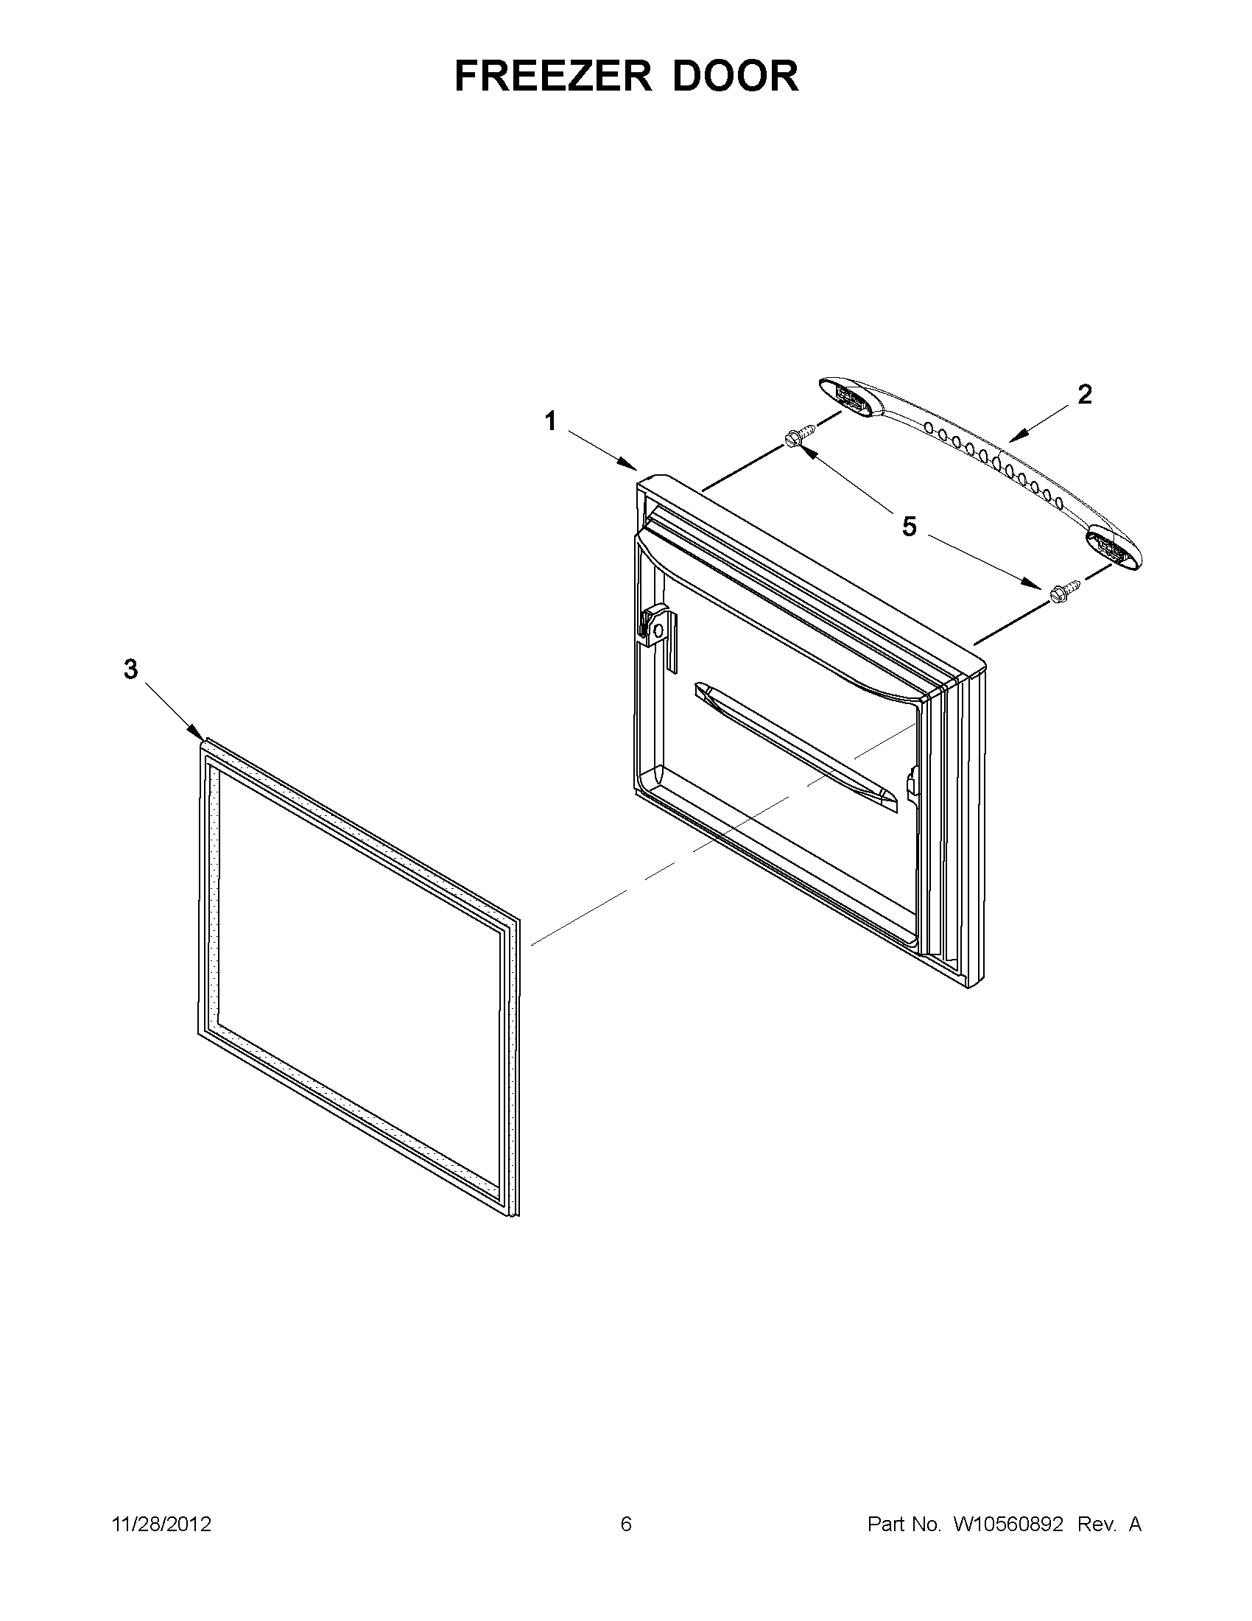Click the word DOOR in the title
(x=736, y=76)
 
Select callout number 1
(x=550, y=421)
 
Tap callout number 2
(x=1085, y=395)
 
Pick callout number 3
(x=130, y=669)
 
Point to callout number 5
(x=909, y=527)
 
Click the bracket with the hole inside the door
(x=656, y=628)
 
